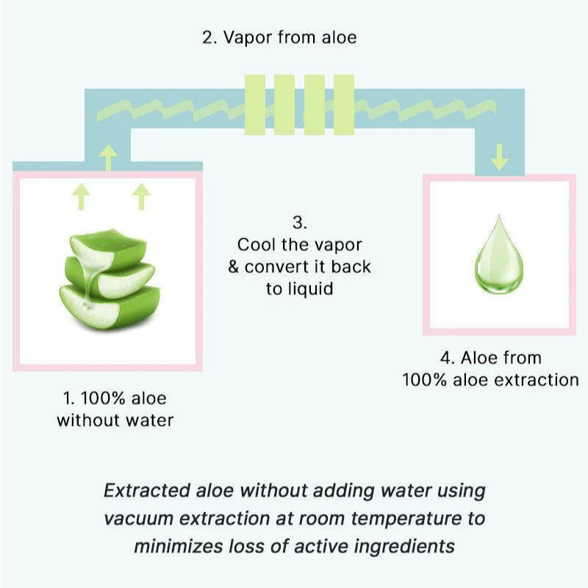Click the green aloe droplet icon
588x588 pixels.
click(499, 254)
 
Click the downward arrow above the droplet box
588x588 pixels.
click(500, 157)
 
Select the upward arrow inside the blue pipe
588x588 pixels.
click(109, 157)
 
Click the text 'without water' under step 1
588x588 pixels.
click(115, 420)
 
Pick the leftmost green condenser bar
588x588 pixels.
click(255, 104)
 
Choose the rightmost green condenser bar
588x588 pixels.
click(344, 104)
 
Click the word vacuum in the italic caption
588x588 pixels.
click(141, 518)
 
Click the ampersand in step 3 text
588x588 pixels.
click(234, 266)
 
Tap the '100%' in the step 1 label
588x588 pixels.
click(103, 399)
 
